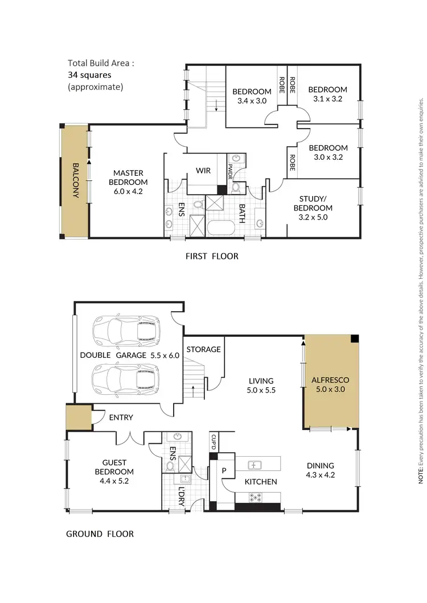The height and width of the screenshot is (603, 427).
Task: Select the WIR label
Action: click(203, 171)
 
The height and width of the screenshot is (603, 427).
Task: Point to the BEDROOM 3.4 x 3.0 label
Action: click(252, 97)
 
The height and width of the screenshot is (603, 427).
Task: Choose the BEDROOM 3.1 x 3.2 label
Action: click(327, 94)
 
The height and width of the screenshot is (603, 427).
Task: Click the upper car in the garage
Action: click(126, 332)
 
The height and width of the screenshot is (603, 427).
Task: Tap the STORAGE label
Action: click(203, 349)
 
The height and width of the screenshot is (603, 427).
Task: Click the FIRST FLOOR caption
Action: click(212, 257)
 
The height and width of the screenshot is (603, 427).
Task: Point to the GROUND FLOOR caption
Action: click(100, 534)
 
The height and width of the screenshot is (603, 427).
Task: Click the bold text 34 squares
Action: click(89, 75)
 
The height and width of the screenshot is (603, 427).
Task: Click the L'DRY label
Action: click(182, 493)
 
